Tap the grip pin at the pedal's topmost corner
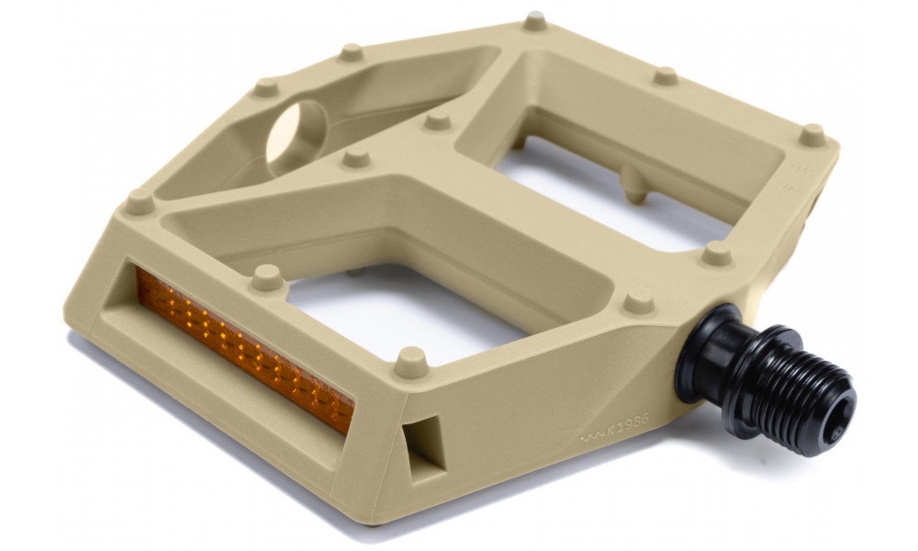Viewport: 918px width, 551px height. [534, 21]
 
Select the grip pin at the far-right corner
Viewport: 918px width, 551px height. [812, 135]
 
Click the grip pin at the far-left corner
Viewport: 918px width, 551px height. [140, 201]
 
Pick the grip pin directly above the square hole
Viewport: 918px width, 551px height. [412, 358]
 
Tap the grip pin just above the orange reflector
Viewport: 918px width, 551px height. [267, 275]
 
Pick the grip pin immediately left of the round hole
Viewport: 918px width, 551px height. [265, 87]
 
